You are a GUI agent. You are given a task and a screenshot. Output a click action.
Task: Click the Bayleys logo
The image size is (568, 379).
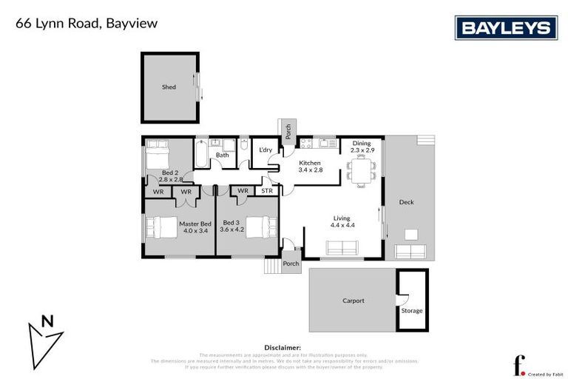click(505, 28)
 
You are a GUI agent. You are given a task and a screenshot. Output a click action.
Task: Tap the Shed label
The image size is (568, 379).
click(169, 87)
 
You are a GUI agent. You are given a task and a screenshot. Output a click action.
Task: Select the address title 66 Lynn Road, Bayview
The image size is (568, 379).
click(87, 24)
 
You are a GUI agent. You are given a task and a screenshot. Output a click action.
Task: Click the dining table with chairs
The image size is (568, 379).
click(361, 172)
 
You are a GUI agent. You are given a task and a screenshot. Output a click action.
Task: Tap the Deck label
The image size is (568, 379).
click(406, 202)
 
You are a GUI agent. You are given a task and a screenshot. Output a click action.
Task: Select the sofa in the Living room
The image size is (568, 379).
click(341, 248)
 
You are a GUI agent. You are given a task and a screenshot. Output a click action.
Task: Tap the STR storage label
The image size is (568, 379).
click(267, 191)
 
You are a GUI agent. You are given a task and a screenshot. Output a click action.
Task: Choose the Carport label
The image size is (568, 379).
click(354, 301)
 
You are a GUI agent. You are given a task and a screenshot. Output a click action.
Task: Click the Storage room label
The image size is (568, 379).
click(412, 310)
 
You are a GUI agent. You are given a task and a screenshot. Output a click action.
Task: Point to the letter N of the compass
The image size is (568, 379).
click(47, 321)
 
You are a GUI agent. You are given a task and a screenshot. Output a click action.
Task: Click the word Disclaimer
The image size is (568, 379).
click(283, 346)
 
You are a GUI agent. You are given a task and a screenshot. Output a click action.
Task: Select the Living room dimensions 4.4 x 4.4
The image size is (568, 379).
click(341, 225)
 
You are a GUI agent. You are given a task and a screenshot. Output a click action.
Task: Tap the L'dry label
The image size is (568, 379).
click(265, 150)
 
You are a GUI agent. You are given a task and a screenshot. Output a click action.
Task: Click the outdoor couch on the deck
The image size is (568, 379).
click(410, 251)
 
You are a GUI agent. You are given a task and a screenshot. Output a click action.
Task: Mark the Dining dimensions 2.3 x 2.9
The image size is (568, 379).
click(361, 150)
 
